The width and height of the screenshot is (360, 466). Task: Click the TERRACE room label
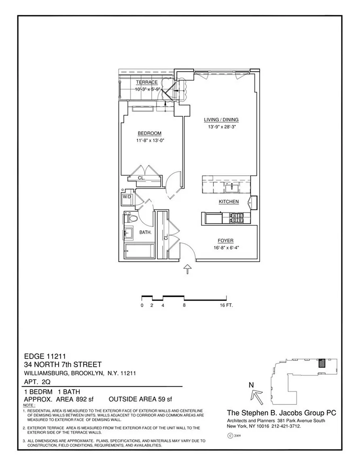147,83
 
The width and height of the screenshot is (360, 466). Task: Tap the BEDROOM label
150,133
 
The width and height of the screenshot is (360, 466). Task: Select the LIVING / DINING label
221,120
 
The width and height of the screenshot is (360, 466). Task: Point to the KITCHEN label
229,201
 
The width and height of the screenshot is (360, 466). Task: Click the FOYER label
225,240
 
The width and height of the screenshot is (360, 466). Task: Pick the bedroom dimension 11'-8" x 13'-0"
150,141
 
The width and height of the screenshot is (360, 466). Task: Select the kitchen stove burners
236,218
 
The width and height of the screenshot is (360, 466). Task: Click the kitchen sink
231,188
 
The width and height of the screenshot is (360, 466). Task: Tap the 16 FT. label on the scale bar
226,305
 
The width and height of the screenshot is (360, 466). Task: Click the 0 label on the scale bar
142,305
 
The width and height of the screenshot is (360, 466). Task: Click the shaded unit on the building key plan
322,364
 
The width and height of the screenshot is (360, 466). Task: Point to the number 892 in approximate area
82,399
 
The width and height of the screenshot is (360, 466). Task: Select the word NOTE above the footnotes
29,405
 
